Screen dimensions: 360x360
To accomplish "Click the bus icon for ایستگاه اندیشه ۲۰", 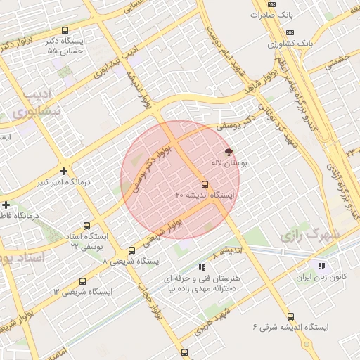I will (x=205, y=185).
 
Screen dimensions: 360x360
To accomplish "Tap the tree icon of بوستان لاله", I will (x=228, y=151).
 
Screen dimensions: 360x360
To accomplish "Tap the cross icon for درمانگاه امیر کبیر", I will (x=64, y=171).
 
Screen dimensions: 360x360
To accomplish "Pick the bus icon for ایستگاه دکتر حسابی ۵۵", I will (x=65, y=30).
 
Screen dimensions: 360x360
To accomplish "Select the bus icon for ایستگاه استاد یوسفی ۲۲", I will (x=86, y=226).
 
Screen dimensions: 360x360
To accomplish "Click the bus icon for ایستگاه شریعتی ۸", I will (x=131, y=250).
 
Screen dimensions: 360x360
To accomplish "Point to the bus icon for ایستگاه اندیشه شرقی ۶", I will (x=291, y=317).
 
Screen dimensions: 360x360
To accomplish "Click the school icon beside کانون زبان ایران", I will (x=321, y=266).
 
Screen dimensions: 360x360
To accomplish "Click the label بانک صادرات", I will (x=271, y=14).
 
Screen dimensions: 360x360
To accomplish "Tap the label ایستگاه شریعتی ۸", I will (x=131, y=261).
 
